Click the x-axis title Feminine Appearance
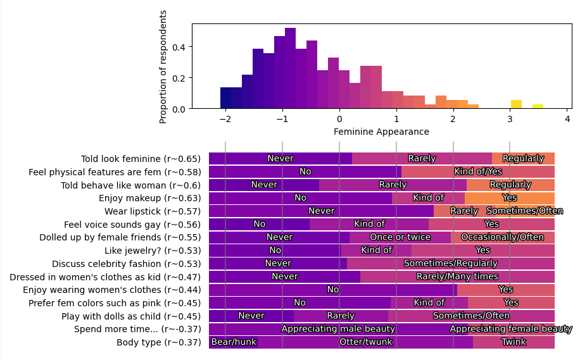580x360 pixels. [x=381, y=132]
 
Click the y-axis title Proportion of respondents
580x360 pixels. [x=163, y=66]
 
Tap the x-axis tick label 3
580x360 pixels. [x=510, y=119]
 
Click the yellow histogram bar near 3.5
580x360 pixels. [x=538, y=106]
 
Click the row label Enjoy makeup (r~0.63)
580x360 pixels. [x=149, y=198]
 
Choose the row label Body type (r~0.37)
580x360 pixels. [x=158, y=342]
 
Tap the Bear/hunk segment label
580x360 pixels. [x=234, y=342]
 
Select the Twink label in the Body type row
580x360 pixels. [x=514, y=342]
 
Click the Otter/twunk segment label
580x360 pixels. [x=365, y=342]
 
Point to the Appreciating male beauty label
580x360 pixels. [x=338, y=329]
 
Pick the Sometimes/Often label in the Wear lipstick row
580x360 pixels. [x=524, y=211]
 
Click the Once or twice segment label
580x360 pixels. [x=400, y=237]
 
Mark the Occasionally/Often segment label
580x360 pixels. [x=502, y=237]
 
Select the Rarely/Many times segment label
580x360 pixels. [x=457, y=276]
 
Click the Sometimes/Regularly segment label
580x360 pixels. [x=451, y=263]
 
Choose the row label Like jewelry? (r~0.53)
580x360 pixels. [x=152, y=251]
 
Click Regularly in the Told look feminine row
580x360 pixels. [x=523, y=159]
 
